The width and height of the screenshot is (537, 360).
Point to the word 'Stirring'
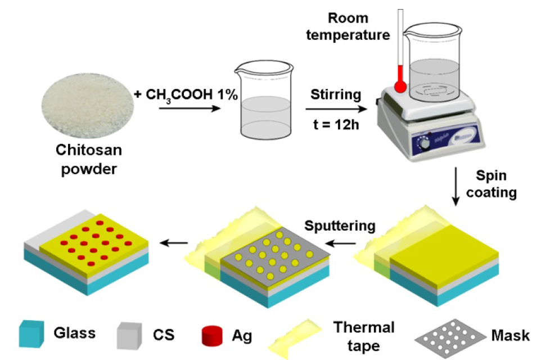336,94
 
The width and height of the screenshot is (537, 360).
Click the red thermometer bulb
400,87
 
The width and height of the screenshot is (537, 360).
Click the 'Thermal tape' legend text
364,335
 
